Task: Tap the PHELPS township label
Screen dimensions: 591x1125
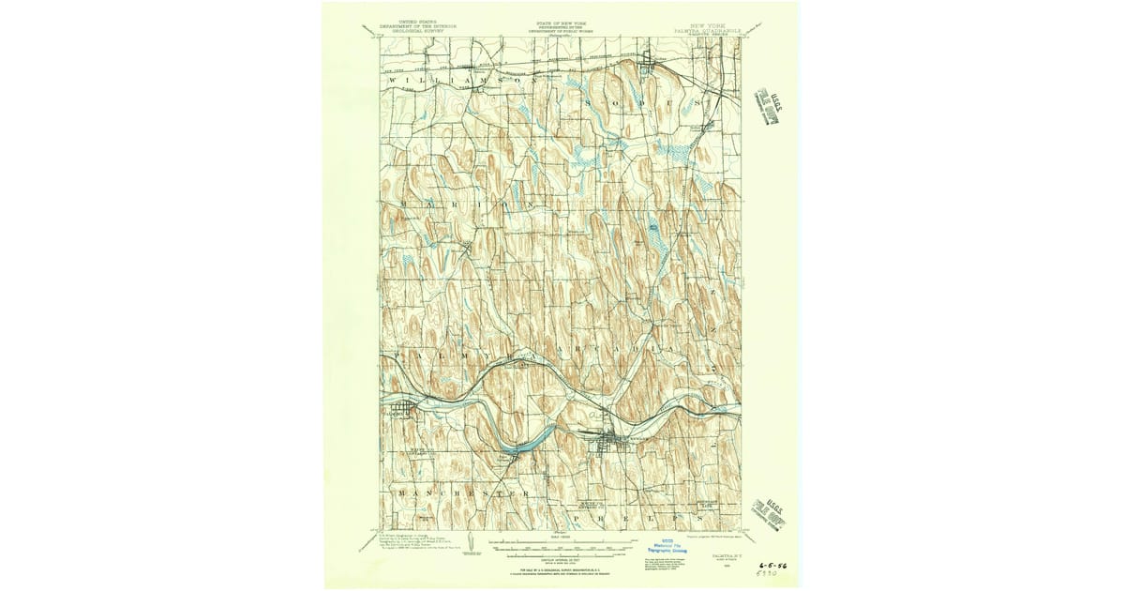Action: [x=637, y=517]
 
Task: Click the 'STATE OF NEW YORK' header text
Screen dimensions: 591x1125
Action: [x=559, y=20]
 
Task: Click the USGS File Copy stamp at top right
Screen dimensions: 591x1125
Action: [x=772, y=108]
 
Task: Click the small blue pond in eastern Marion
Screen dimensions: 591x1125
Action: [x=652, y=226]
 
